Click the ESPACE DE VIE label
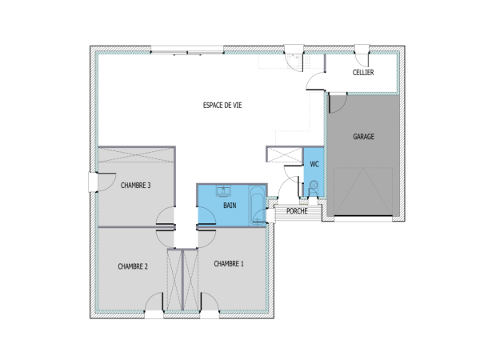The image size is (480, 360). click(222, 105)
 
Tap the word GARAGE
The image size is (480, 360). click(363, 136)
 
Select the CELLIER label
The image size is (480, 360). click(364, 73)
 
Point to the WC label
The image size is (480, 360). click(314, 164)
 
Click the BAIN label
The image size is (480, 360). click(230, 206)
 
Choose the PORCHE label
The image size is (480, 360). click(296, 212)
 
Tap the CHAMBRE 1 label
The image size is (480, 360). click(230, 263)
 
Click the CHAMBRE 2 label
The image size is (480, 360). click(133, 266)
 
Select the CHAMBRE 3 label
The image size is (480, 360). click(136, 185)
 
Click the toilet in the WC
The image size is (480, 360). click(312, 188)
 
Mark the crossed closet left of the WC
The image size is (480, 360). click(282, 155)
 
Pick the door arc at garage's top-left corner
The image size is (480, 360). click(336, 103)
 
